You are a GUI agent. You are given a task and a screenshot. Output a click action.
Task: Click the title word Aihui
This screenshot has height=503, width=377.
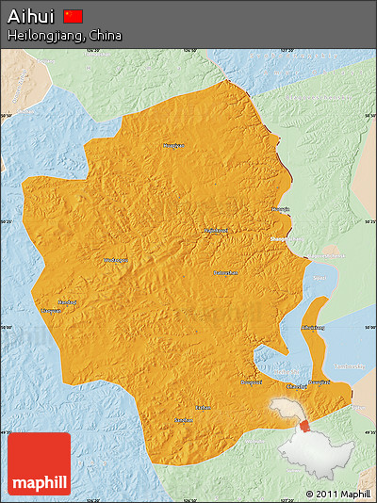click(32, 16)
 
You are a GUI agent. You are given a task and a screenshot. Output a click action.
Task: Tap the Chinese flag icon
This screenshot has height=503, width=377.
click(74, 16)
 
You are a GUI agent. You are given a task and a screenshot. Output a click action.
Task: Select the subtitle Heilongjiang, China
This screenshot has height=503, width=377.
click(64, 35)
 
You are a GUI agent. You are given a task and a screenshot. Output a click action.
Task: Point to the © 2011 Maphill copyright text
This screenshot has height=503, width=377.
click(337, 494)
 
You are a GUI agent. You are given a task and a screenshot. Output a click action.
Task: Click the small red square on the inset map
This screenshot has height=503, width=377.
click(304, 426)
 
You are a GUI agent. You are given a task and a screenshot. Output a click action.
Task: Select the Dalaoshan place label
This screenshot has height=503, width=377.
click(225, 272)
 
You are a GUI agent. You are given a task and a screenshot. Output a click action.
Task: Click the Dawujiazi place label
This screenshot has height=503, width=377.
click(319, 381)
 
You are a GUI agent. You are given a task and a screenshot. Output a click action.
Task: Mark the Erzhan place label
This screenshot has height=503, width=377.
click(203, 407)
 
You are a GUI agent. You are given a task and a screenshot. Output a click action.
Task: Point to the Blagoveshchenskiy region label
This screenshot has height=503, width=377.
click(330, 254)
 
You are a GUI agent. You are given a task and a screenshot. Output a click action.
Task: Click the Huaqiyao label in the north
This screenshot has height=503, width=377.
click(172, 146)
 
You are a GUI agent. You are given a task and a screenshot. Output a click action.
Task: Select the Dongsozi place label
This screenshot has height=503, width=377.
click(251, 381)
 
